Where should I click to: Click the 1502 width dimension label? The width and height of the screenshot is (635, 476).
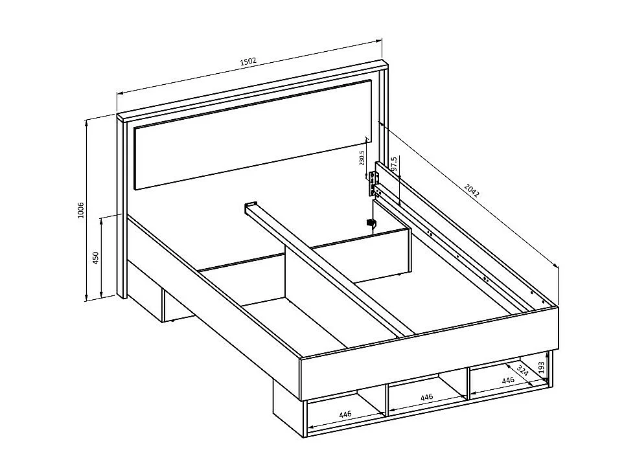[248, 62]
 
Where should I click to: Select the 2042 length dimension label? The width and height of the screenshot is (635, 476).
[472, 190]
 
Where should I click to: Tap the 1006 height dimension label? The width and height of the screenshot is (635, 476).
[81, 210]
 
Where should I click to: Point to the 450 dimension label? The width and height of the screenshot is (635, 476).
[96, 258]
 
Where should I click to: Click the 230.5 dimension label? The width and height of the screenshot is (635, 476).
[362, 158]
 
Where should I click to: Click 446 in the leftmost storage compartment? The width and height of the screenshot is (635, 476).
[345, 414]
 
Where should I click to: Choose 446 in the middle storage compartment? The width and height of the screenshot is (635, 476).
[426, 396]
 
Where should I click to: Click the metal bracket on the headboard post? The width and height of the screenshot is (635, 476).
[374, 184]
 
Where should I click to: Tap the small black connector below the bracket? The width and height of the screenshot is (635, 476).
[371, 223]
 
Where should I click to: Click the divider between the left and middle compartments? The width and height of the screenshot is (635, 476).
[386, 399]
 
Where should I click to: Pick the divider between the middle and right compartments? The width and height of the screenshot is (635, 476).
[468, 381]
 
